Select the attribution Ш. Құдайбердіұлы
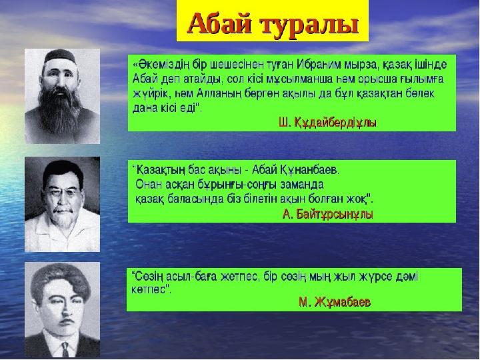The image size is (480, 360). click(x=327, y=123)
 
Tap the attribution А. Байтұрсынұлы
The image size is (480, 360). click(x=327, y=215)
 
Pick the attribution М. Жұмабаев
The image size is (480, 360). click(x=335, y=302)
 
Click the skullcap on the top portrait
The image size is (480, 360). click(x=60, y=56)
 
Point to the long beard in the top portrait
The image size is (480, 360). click(x=60, y=110)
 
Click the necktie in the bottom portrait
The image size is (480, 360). click(x=65, y=349)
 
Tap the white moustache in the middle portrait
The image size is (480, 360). click(x=63, y=210)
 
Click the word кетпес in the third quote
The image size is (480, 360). click(x=149, y=289)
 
